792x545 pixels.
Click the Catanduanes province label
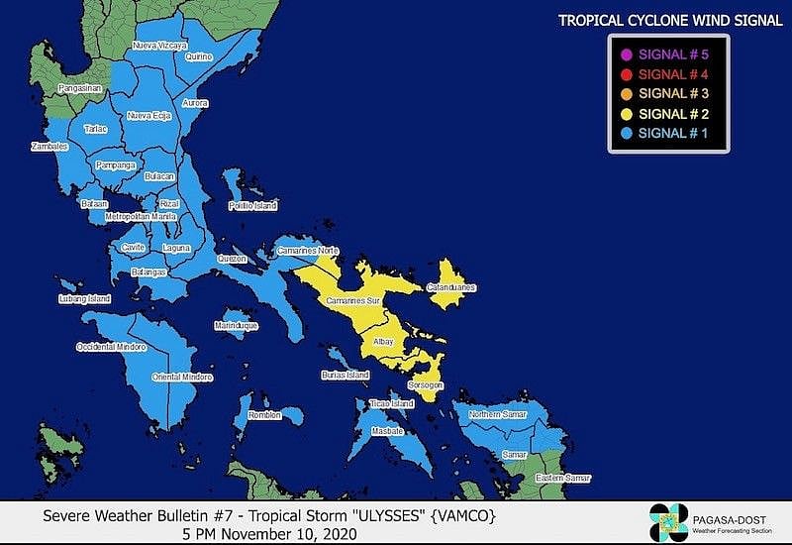450,288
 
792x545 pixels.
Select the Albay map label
383,342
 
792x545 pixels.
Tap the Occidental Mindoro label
111,348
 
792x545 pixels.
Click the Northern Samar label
493,414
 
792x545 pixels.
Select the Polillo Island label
252,206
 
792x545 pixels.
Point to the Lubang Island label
84,298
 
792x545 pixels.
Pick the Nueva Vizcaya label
160,46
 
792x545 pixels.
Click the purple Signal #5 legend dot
626,54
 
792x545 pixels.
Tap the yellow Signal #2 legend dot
626,113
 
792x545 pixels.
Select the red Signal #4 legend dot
626,74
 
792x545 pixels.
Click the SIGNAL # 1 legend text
673,133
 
